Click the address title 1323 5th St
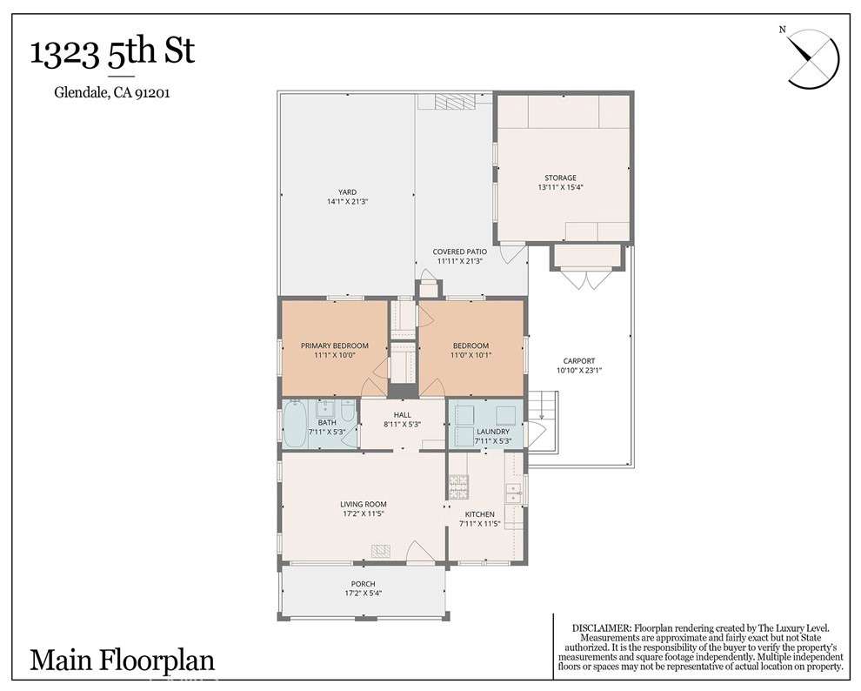pos(112,52)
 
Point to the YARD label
pos(347,192)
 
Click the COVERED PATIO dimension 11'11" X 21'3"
pos(459,260)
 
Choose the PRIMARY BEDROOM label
pos(334,345)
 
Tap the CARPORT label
pos(578,360)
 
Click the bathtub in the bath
pos(295,424)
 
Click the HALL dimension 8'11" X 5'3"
pos(402,424)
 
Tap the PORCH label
pos(363,583)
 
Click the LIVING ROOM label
pos(363,504)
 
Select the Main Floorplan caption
pos(122,659)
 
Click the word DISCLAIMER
pos(600,628)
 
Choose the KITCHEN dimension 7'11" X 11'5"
pos(473,523)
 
